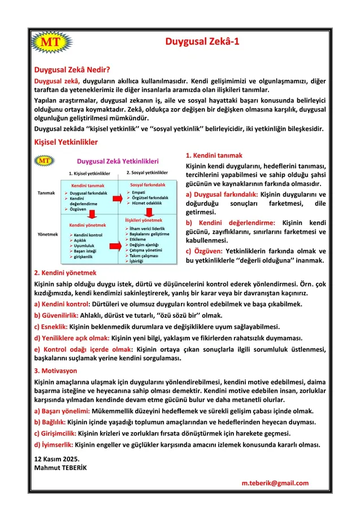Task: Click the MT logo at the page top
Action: coord(51,41)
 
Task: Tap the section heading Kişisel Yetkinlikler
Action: coord(66,142)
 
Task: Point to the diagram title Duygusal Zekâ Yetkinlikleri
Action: coord(118,161)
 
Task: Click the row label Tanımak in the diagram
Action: coord(46,193)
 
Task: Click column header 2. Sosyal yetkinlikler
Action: coord(147,172)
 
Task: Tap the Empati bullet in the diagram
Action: coord(138,192)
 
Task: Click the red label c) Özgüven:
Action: coord(203,251)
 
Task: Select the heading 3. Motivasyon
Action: coord(55,370)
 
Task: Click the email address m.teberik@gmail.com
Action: coord(275,483)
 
